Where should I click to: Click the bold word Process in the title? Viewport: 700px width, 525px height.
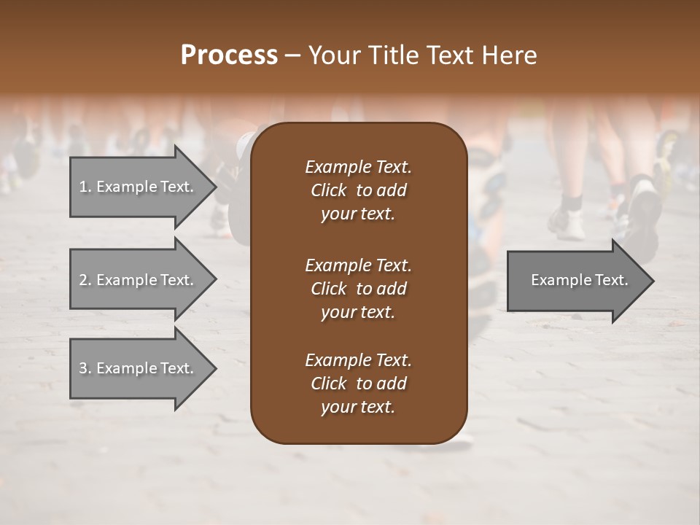click(x=229, y=55)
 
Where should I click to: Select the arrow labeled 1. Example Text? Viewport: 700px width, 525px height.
click(x=139, y=187)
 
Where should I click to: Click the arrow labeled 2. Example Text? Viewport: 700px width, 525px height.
click(x=139, y=280)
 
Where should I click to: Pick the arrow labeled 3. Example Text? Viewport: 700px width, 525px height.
click(x=139, y=368)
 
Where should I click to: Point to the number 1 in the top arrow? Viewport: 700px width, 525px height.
click(x=83, y=187)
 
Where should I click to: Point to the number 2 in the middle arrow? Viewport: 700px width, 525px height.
click(x=83, y=280)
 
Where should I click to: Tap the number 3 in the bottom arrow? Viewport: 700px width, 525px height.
click(x=83, y=368)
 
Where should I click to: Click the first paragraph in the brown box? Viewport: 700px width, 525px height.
click(x=358, y=190)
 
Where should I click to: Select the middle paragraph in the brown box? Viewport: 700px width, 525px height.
click(x=358, y=288)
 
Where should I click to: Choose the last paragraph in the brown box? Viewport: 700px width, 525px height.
click(x=358, y=384)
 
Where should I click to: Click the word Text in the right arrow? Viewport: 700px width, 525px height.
click(x=610, y=280)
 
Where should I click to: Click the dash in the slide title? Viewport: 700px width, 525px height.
click(x=293, y=56)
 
